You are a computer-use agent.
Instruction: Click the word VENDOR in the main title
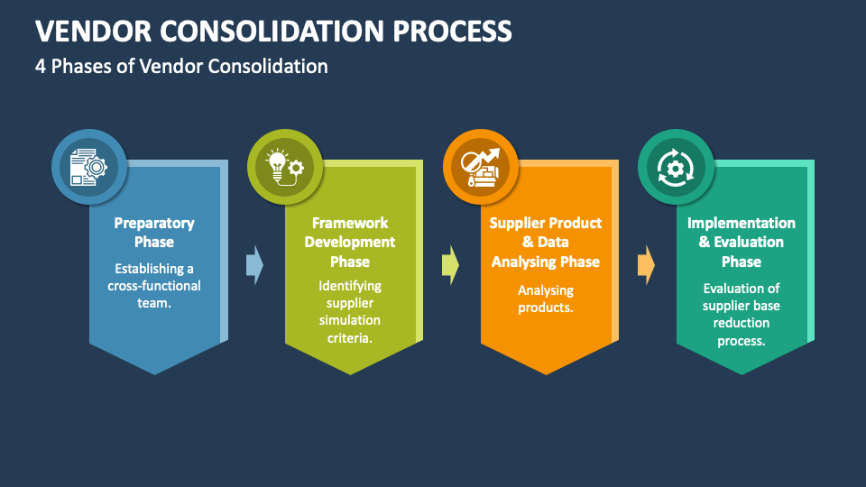(x=93, y=31)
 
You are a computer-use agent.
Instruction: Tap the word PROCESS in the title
(x=452, y=31)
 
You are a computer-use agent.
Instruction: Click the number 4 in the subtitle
(x=41, y=66)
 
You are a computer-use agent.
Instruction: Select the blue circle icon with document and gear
(x=89, y=167)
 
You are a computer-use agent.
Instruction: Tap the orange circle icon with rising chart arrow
(x=481, y=167)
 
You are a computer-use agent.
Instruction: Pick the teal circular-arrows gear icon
(x=676, y=167)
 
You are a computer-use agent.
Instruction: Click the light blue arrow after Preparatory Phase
(x=254, y=265)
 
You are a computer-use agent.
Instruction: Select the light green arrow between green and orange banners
(x=450, y=265)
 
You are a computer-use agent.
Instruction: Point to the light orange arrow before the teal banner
(x=646, y=265)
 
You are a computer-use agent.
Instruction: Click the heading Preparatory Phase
(x=154, y=233)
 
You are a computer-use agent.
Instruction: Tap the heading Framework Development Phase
(x=350, y=242)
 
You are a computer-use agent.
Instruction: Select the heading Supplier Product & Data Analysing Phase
(x=546, y=242)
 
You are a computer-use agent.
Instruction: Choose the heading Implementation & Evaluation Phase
(x=742, y=242)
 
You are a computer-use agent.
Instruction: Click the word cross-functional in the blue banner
(x=154, y=286)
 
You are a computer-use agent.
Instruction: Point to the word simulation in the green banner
(x=350, y=320)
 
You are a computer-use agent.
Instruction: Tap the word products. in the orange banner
(x=546, y=308)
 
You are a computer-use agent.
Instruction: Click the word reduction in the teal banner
(x=742, y=323)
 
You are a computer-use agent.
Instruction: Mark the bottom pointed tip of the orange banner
(x=546, y=374)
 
